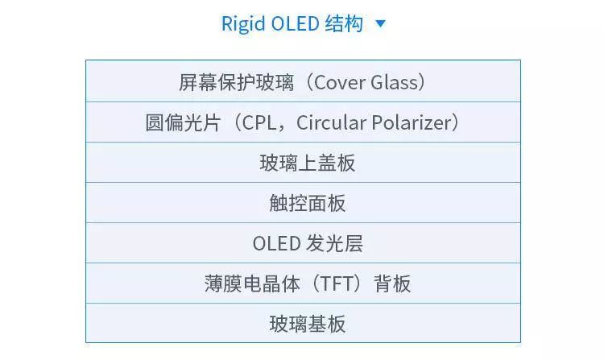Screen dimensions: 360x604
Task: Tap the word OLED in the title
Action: pyautogui.click(x=293, y=23)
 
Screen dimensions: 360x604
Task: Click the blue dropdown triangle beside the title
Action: pyautogui.click(x=381, y=24)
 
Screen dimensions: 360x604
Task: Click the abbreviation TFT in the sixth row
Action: pyautogui.click(x=328, y=283)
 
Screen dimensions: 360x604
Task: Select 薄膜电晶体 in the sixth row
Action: pyautogui.click(x=251, y=283)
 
